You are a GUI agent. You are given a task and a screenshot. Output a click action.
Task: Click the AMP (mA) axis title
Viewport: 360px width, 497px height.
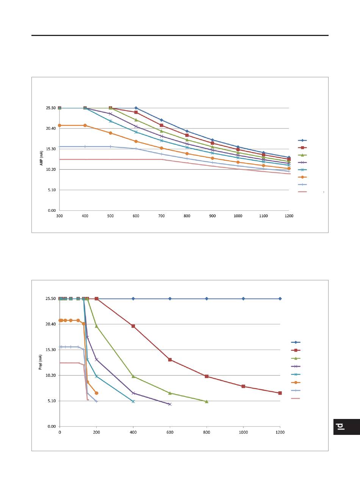(x=41, y=158)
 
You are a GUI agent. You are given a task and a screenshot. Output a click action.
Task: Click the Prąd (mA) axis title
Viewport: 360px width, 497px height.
(x=41, y=362)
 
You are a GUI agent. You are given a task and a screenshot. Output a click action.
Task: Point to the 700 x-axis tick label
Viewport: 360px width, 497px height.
(x=161, y=216)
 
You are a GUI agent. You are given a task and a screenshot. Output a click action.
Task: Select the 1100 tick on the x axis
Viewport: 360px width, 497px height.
(x=263, y=216)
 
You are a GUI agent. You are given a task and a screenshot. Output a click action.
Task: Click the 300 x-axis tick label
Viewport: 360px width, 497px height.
(x=59, y=216)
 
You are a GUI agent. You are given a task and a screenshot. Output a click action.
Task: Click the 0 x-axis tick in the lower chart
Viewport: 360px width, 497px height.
(x=59, y=432)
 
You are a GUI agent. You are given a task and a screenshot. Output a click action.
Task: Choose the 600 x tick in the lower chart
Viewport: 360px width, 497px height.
(x=170, y=432)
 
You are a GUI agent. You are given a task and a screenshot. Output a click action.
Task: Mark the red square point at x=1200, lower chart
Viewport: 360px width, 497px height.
(x=280, y=393)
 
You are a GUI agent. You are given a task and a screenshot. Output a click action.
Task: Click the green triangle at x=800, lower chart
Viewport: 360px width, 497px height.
(x=207, y=402)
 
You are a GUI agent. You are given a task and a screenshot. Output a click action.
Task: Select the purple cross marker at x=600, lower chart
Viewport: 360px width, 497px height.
(x=170, y=404)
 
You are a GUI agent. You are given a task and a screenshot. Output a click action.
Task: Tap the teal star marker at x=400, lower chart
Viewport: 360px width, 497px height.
(x=133, y=401)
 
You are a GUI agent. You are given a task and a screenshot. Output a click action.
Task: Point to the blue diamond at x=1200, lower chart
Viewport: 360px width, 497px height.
(x=280, y=299)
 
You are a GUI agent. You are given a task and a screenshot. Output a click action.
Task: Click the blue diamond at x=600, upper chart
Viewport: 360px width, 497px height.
(x=136, y=108)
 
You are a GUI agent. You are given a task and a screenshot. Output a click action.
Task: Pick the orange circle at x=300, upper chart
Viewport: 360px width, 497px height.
(x=59, y=125)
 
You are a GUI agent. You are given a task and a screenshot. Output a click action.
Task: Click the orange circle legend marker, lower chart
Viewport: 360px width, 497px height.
(x=296, y=382)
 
